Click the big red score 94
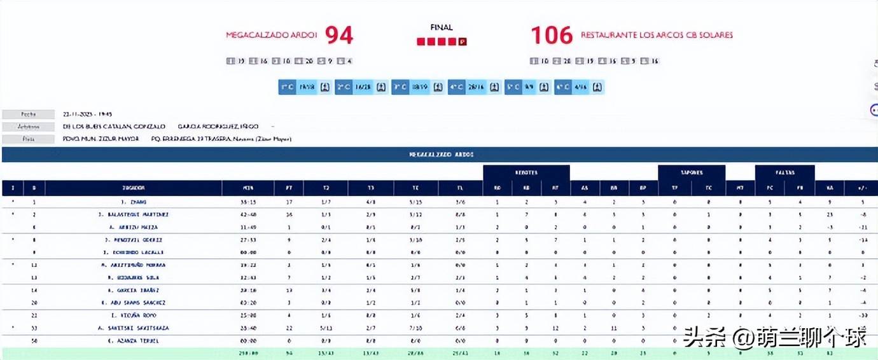(x=339, y=36)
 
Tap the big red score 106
(x=552, y=36)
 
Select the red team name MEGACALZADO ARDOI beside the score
(x=272, y=35)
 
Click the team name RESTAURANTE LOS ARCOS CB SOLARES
(x=657, y=35)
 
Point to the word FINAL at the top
(x=442, y=27)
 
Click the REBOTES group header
(x=526, y=172)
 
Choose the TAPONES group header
(x=691, y=172)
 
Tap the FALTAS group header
(x=784, y=172)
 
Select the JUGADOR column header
(x=134, y=188)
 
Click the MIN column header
(x=248, y=188)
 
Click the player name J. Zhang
(x=134, y=202)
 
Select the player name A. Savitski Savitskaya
(x=134, y=328)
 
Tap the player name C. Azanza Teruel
(x=134, y=341)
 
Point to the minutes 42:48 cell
(x=248, y=214)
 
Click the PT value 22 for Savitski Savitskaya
(x=289, y=328)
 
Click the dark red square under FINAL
(x=463, y=42)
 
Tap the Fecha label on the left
(x=29, y=114)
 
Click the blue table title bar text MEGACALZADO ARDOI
(x=441, y=155)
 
